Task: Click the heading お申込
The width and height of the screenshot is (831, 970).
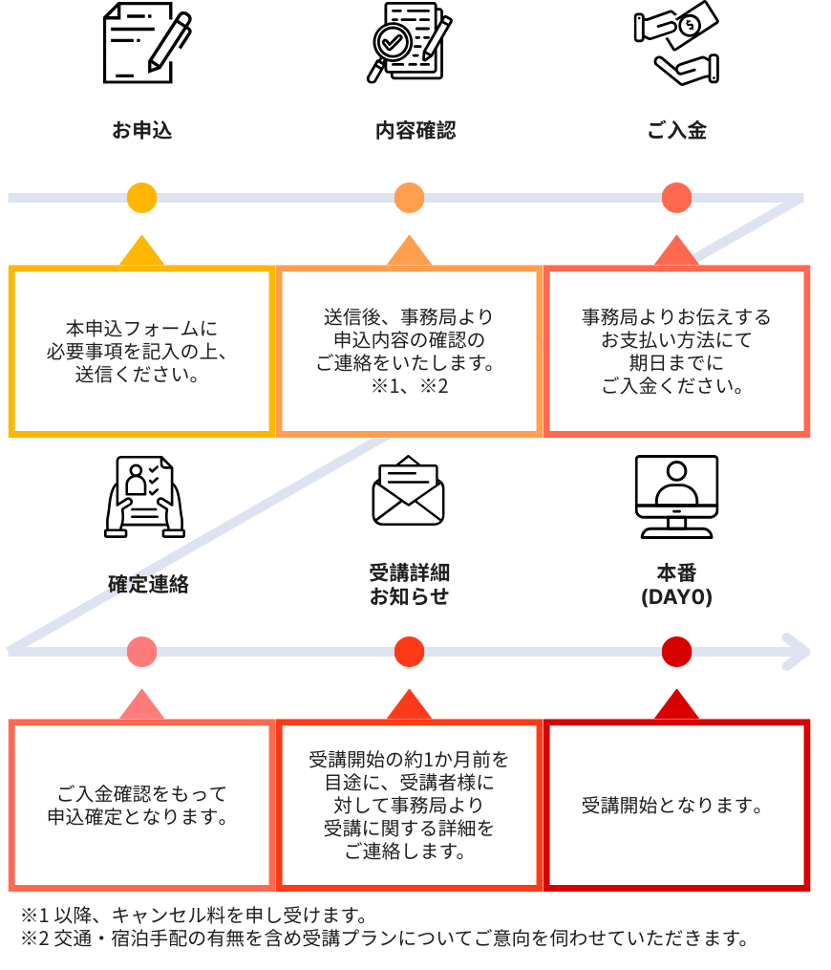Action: pos(141,131)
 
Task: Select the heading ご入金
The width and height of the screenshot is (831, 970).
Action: pos(676,131)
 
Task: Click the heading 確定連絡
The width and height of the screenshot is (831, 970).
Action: pos(148,584)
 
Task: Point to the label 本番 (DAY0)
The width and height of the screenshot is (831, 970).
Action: pos(676,585)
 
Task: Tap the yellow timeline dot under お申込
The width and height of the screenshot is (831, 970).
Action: pos(141,198)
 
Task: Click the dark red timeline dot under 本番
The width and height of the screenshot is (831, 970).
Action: pos(676,652)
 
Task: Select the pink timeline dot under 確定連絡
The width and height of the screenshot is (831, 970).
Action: pos(141,652)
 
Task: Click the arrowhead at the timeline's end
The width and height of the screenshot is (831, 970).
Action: pos(798,652)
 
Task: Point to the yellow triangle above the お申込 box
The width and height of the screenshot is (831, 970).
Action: pos(141,251)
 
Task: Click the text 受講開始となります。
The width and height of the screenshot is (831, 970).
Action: pos(676,806)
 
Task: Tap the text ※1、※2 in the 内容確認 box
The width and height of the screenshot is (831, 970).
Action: pos(409,386)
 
